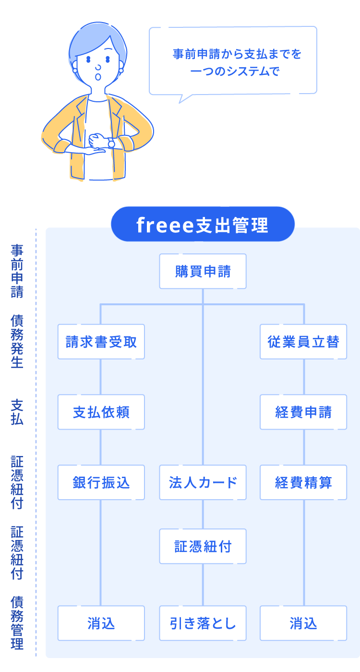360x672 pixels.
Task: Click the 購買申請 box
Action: pos(203,271)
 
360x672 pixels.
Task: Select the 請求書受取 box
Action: pos(101,342)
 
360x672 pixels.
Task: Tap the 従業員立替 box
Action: pos(303,342)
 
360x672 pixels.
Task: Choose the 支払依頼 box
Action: pos(101,412)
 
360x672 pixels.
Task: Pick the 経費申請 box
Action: pos(303,412)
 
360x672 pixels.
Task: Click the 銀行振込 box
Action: pos(101,482)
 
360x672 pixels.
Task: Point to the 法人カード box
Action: pos(203,482)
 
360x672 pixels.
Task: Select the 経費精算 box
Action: pos(303,482)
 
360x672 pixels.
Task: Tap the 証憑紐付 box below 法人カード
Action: pos(203,546)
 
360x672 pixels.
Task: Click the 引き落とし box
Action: pos(203,623)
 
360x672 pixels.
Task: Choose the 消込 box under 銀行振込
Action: pos(101,623)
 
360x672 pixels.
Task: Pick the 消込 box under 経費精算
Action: pos(303,623)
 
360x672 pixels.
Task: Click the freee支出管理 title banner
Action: pos(203,225)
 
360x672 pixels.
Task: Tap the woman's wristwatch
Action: pos(111,143)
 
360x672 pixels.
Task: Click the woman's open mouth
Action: pos(98,76)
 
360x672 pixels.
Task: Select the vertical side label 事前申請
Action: pos(17,271)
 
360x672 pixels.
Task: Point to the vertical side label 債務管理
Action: pos(17,623)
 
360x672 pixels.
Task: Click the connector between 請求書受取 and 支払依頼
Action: pos(101,377)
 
